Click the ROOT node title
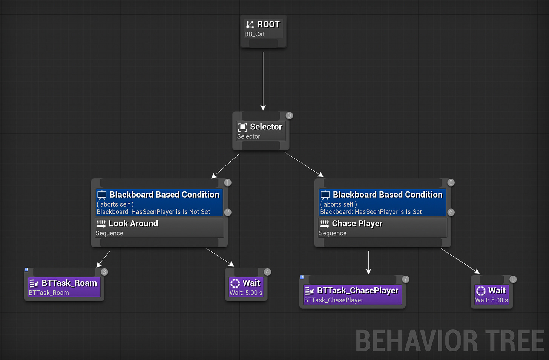(268, 25)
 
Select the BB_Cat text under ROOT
(255, 34)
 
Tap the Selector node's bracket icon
(242, 127)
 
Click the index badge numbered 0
(289, 116)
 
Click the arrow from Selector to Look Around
(225, 166)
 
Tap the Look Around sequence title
(133, 224)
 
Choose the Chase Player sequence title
(357, 224)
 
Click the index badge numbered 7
(405, 279)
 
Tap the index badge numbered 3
(104, 272)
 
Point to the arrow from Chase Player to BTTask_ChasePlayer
(368, 262)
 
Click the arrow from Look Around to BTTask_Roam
(103, 259)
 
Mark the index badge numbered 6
(451, 212)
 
